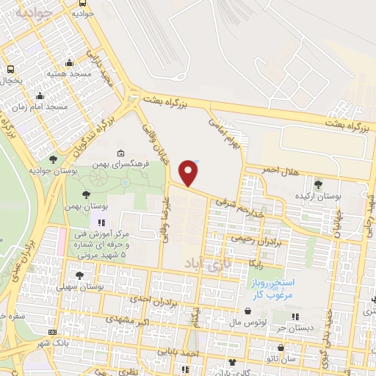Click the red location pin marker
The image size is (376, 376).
point(189,173)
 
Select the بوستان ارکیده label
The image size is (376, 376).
point(317,197)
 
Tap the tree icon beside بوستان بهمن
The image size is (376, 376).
point(87,195)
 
